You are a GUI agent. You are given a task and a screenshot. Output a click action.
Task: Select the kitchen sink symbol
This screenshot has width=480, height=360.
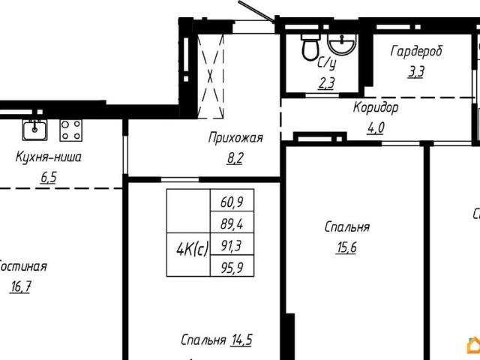pos(34,130)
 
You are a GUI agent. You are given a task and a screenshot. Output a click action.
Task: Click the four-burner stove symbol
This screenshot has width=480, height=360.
pos(71,130)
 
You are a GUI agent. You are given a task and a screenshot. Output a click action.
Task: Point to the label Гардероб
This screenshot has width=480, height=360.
pos(416,52)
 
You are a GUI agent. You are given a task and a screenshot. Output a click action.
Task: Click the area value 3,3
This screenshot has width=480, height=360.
pos(415,72)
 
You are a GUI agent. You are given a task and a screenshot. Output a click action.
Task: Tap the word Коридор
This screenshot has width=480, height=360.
pos(376,107)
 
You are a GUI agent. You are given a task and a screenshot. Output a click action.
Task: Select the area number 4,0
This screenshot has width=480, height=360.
pos(375,127)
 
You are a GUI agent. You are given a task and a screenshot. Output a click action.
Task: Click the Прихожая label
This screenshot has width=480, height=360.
pos(235,137)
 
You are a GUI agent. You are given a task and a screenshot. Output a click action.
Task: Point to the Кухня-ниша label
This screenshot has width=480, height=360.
pos(49,157)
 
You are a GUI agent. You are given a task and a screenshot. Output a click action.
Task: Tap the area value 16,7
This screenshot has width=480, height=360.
pos(22,286)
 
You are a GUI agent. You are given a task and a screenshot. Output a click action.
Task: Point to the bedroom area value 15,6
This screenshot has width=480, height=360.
pos(346,247)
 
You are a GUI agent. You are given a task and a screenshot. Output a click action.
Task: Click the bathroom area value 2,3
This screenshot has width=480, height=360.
pos(326,83)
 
